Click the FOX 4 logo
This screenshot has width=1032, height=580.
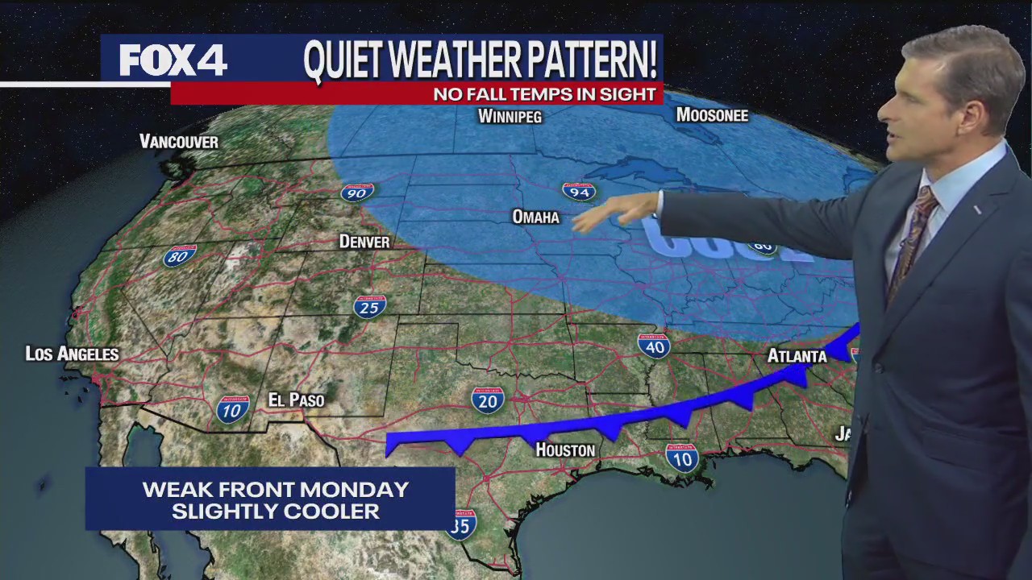173,59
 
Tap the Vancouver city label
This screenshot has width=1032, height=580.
179,142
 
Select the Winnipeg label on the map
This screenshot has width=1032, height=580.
510,116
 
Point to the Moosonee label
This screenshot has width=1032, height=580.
712,115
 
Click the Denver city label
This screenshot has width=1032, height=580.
364,242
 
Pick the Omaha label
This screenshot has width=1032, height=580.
535,217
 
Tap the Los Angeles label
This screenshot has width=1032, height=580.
73,354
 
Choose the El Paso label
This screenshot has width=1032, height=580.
296,400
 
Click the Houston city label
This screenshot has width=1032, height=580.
565,449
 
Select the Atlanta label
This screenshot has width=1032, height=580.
797,355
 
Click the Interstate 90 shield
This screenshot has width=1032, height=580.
356,192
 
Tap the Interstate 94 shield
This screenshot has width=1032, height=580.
578,191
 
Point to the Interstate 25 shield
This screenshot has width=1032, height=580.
369,306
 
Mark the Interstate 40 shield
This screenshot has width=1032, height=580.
654,346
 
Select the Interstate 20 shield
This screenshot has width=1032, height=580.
488,400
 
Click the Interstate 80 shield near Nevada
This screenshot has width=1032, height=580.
180,256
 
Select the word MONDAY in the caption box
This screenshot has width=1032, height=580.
367,489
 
